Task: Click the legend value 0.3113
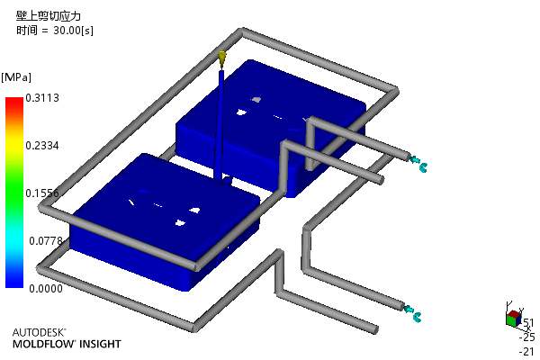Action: [42, 98]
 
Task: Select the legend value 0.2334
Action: [42, 146]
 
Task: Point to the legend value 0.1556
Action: [42, 193]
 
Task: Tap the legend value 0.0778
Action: [46, 241]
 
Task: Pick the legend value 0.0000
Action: [46, 288]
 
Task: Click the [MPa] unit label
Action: [16, 77]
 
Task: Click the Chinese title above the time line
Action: [49, 16]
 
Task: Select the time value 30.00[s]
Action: [73, 31]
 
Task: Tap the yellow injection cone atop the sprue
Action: [222, 58]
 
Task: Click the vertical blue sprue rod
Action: [220, 125]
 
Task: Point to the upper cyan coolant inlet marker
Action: [418, 164]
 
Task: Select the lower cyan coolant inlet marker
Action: [412, 313]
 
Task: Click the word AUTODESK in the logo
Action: [39, 332]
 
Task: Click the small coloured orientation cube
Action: [514, 318]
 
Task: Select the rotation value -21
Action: [526, 352]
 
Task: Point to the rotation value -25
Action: [526, 337]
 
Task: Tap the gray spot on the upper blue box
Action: [256, 100]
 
